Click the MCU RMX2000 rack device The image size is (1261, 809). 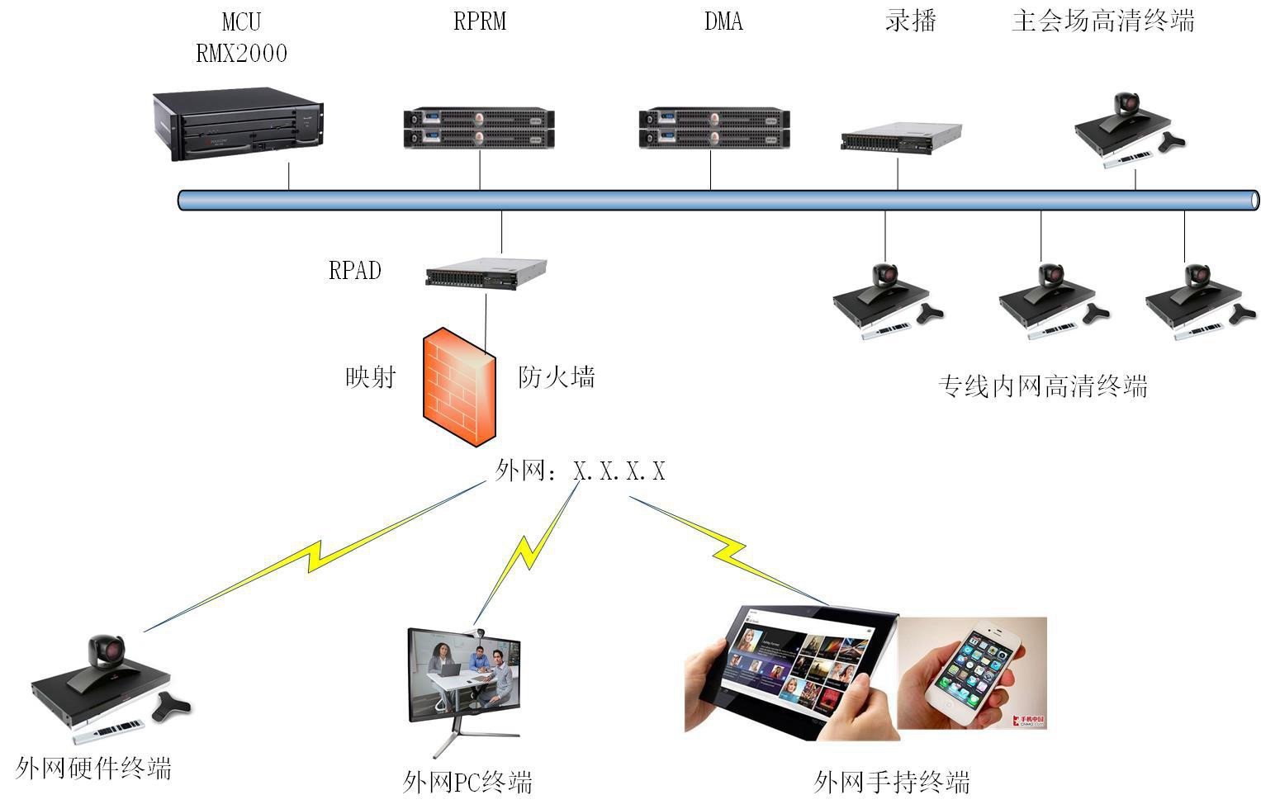point(238,126)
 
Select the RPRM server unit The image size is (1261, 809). point(479,128)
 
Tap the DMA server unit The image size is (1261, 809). point(714,128)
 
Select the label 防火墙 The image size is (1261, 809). point(556,377)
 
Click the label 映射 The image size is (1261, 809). point(371,377)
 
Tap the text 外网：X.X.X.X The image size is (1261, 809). point(580,471)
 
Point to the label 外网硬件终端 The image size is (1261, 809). point(93,769)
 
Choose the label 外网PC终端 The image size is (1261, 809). point(467,781)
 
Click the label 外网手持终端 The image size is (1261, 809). point(891,781)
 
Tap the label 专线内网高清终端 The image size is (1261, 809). point(1042,386)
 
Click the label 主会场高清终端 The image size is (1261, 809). point(1103,21)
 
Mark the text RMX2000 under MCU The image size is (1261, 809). point(241,54)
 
